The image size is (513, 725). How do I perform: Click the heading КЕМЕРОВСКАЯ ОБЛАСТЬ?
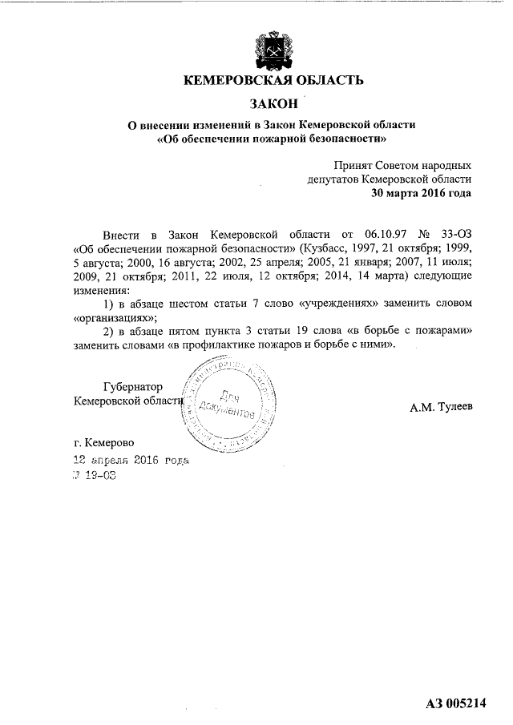click(x=273, y=80)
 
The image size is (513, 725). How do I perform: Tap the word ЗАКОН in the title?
click(x=273, y=103)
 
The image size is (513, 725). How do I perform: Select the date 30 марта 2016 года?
click(x=421, y=193)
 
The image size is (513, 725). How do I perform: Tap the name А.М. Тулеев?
click(x=441, y=406)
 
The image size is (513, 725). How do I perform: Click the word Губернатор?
click(x=133, y=387)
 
